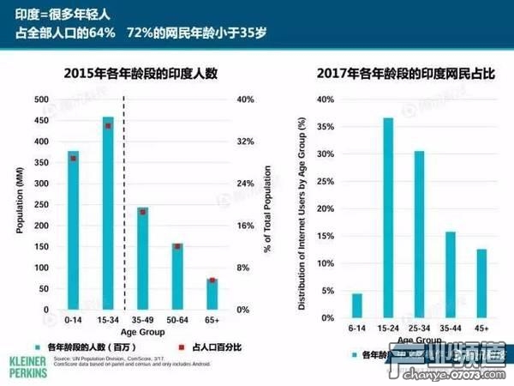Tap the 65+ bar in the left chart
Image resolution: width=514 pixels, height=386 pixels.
[x=212, y=293]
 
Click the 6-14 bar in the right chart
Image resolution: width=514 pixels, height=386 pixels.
[x=357, y=305]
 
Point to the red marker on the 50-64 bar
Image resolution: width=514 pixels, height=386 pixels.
[x=177, y=246]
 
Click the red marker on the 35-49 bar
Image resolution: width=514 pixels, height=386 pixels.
[x=143, y=212]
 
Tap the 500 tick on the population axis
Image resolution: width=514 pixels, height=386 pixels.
[x=40, y=100]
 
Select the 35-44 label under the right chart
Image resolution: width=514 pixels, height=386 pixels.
[x=450, y=329]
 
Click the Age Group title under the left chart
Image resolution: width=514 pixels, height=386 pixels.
[x=143, y=332]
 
